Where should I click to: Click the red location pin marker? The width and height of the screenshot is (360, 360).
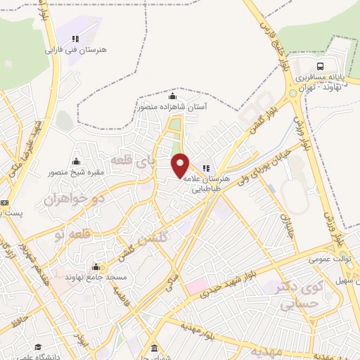pos(181,165)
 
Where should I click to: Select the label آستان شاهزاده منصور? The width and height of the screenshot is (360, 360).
pos(172,106)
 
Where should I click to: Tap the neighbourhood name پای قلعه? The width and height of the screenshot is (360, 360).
pos(134,163)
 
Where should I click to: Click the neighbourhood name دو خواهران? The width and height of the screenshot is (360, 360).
pos(68,198)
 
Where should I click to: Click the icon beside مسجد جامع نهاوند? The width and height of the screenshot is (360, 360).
pos(96,266)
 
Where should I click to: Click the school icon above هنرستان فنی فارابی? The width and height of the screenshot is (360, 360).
pos(75,39)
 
